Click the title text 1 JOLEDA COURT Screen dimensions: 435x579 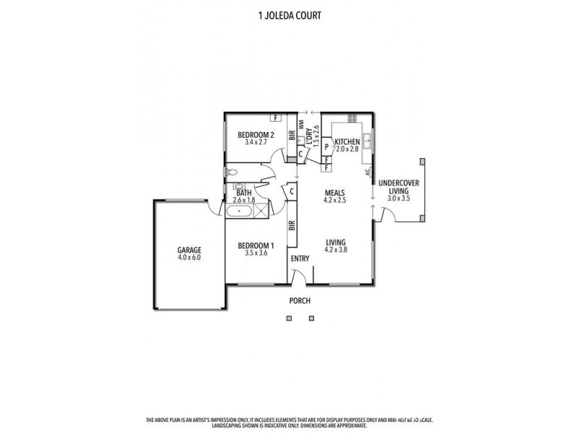pyautogui.click(x=289, y=13)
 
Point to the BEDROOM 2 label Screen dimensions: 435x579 pyautogui.click(x=255, y=135)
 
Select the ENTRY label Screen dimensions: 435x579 pyautogui.click(x=300, y=258)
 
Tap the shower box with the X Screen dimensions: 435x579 pyautogui.click(x=260, y=212)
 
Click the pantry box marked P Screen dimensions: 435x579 pyautogui.click(x=326, y=147)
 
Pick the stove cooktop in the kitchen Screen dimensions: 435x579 pyautogui.click(x=352, y=118)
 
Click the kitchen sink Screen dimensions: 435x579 pyautogui.click(x=368, y=140)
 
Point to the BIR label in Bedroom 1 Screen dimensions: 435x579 pyautogui.click(x=292, y=225)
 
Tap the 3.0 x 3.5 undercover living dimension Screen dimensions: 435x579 pyautogui.click(x=398, y=197)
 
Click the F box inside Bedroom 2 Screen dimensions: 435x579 pyautogui.click(x=275, y=117)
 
